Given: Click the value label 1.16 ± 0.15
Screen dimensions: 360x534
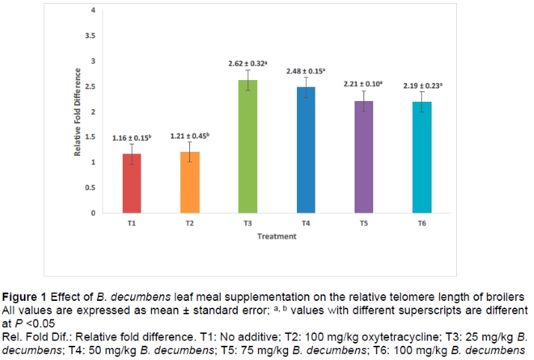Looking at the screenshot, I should point(132,138).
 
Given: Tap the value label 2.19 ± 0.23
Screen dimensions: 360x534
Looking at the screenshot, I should point(423,85).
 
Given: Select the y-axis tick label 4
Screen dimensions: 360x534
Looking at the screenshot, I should point(93,10).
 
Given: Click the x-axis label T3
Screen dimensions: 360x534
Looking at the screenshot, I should point(248,223).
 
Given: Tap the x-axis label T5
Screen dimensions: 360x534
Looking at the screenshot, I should point(363,223).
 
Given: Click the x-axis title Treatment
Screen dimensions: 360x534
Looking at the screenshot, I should point(277,237).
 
